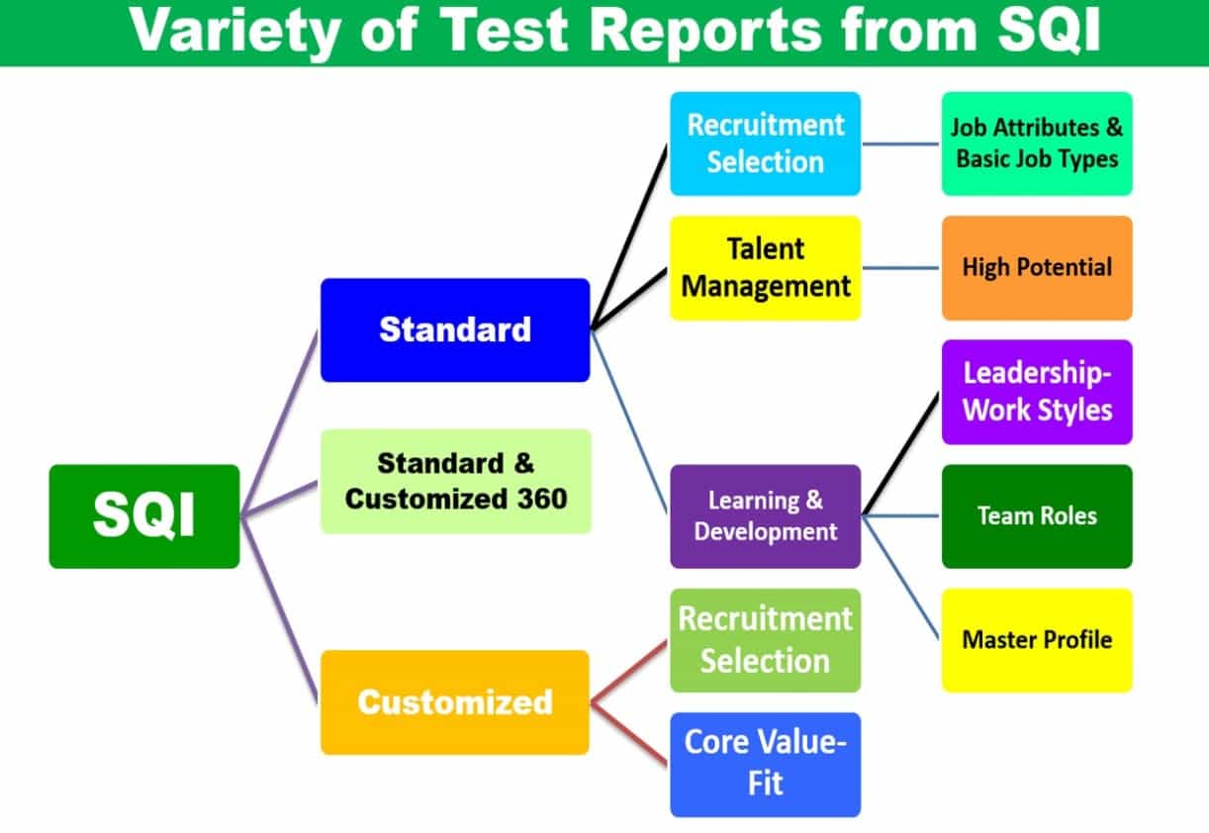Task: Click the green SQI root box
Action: click(144, 516)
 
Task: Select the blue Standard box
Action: click(455, 329)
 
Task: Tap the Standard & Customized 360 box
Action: click(455, 481)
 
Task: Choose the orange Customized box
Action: click(454, 702)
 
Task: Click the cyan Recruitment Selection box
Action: click(766, 143)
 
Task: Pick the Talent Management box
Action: click(766, 268)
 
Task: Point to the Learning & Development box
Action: click(766, 516)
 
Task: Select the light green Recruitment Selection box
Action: click(766, 640)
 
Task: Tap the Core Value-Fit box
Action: click(766, 765)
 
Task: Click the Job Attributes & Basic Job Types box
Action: click(1037, 143)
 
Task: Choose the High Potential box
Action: click(1037, 268)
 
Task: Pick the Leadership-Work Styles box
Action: click(1037, 392)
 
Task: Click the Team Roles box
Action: click(1037, 516)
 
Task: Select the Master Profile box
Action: click(1037, 640)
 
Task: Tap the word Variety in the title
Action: click(234, 33)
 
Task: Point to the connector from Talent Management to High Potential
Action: click(901, 268)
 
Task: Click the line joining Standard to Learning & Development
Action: click(630, 422)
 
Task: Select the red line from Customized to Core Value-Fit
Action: click(630, 734)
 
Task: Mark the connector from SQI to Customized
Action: click(280, 609)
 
